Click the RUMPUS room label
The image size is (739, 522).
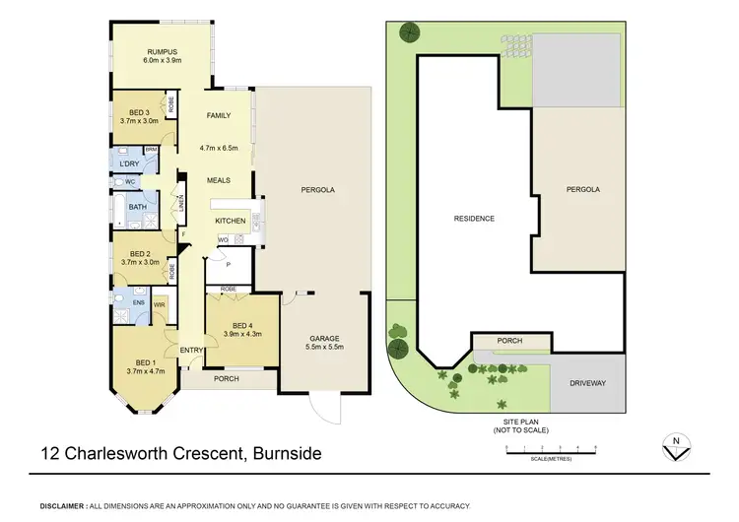pyautogui.click(x=162, y=50)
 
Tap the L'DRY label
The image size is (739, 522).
pyautogui.click(x=128, y=163)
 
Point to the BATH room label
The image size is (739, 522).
pyautogui.click(x=137, y=207)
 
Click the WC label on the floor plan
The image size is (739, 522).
pyautogui.click(x=128, y=183)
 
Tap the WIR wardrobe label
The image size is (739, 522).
pyautogui.click(x=159, y=305)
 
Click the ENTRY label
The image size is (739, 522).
pyautogui.click(x=191, y=351)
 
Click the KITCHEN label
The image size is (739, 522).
pyautogui.click(x=230, y=221)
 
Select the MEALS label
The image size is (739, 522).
pyautogui.click(x=218, y=180)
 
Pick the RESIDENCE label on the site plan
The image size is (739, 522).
pyautogui.click(x=473, y=219)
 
